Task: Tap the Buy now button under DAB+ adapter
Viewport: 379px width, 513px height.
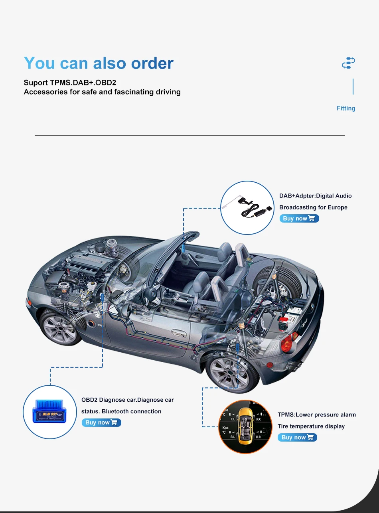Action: coord(299,219)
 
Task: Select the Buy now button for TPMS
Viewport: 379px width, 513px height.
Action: coord(297,438)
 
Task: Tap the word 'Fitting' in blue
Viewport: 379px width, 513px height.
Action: coord(345,109)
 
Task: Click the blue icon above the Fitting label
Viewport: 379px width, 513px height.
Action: coord(348,63)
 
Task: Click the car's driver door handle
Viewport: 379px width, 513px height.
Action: coord(177,332)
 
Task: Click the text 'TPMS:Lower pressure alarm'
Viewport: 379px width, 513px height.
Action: coord(316,415)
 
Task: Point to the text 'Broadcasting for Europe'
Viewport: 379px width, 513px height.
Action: coord(313,207)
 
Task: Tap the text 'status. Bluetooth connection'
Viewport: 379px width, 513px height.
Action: coord(121,411)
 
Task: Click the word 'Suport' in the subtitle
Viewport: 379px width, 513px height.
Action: coord(36,83)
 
